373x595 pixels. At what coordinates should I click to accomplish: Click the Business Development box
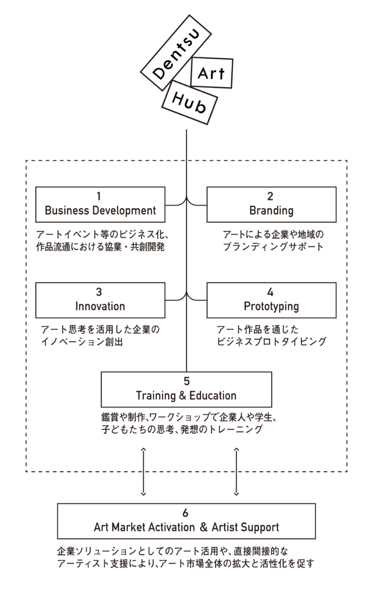tap(100, 204)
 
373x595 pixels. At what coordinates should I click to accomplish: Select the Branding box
tap(271, 204)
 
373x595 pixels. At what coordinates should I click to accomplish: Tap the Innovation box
tap(100, 300)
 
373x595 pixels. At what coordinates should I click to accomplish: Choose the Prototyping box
tap(271, 300)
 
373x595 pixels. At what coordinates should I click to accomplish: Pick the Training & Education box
tap(186, 390)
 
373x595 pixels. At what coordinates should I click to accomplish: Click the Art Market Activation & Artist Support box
tap(186, 521)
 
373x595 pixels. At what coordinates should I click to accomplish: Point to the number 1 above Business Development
tap(100, 196)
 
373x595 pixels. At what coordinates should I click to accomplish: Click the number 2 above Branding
tap(271, 196)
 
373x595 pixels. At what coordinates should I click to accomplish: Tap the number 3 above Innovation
tap(99, 292)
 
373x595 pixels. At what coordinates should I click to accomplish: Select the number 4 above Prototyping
tap(271, 292)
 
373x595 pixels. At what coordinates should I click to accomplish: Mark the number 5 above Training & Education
tap(186, 382)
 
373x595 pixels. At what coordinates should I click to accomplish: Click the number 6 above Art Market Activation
tap(186, 513)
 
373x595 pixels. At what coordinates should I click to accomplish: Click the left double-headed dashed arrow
tap(143, 471)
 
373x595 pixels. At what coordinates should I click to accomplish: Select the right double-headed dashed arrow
tap(236, 471)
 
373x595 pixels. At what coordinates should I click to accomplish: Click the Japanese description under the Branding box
tap(273, 240)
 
